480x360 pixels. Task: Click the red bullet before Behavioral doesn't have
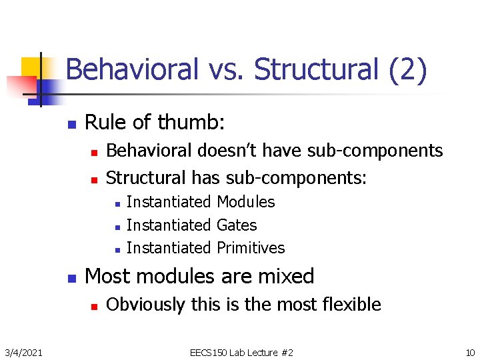pos(94,153)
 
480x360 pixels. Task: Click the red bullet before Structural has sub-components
pos(94,179)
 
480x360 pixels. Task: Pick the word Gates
pos(237,225)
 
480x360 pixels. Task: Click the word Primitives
pos(251,248)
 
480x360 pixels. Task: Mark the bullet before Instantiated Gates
pos(116,227)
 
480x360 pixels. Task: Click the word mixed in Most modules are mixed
pos(285,276)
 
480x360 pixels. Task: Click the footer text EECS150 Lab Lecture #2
pos(241,352)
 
